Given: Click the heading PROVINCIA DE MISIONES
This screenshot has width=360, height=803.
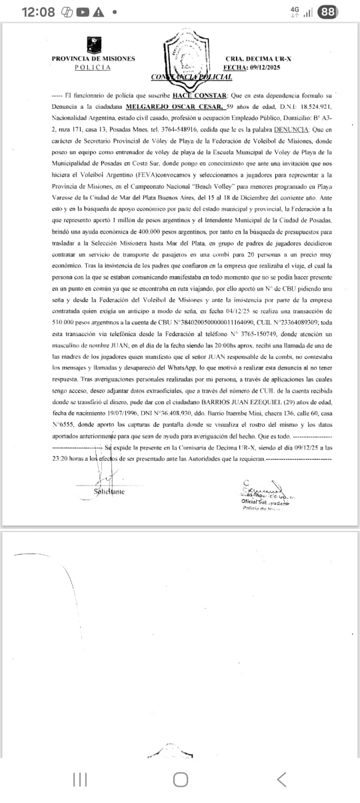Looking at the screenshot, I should [x=93, y=59].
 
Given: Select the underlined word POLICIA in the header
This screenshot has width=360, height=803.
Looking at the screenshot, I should [x=93, y=67].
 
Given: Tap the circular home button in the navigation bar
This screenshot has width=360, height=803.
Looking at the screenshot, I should [x=180, y=780].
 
